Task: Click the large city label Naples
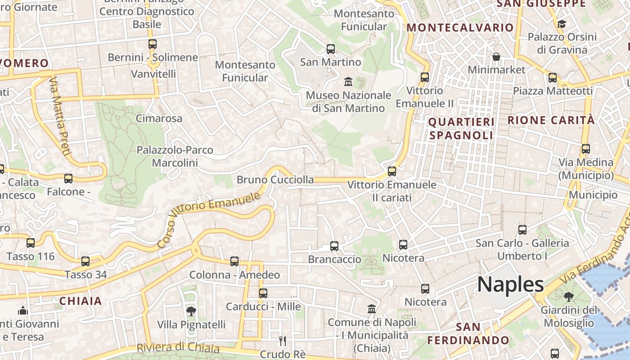click(x=510, y=284)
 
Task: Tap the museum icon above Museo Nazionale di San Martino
click(x=348, y=82)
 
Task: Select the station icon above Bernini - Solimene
click(x=153, y=44)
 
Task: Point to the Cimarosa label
click(x=159, y=119)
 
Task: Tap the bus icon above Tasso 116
click(x=31, y=243)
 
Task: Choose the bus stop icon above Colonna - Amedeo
click(x=234, y=261)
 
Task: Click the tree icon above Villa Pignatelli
click(x=191, y=311)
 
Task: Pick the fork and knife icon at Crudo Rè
click(x=283, y=341)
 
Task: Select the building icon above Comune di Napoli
click(x=372, y=309)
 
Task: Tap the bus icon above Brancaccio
click(x=334, y=246)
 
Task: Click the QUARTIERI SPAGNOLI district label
click(x=461, y=128)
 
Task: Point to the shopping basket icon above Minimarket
click(x=496, y=57)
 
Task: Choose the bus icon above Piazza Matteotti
click(x=553, y=78)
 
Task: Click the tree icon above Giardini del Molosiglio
click(x=569, y=297)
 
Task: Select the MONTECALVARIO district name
click(x=460, y=27)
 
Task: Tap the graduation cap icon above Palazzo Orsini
click(x=562, y=23)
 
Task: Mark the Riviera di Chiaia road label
click(x=178, y=348)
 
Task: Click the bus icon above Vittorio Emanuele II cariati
click(x=392, y=171)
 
